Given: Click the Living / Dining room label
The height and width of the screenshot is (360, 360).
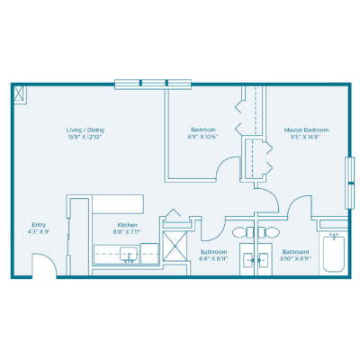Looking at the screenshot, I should tap(86, 130).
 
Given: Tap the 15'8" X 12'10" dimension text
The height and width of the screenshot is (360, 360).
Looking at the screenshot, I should tap(86, 137).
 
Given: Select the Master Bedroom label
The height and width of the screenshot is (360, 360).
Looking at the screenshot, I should tap(306, 130).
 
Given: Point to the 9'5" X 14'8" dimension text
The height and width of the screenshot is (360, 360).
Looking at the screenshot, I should tap(306, 137).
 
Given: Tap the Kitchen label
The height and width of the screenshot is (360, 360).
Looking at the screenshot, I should tap(127, 225).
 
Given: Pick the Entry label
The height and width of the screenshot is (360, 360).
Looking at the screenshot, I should tap(38, 225).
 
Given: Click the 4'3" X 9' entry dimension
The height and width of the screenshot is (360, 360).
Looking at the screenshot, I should tap(38, 232).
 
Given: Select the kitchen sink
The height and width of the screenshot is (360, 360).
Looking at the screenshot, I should tap(128, 253).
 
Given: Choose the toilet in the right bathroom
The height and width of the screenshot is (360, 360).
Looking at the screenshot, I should tap(267, 232).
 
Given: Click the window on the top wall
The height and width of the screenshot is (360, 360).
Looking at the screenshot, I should tap(152, 84).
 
